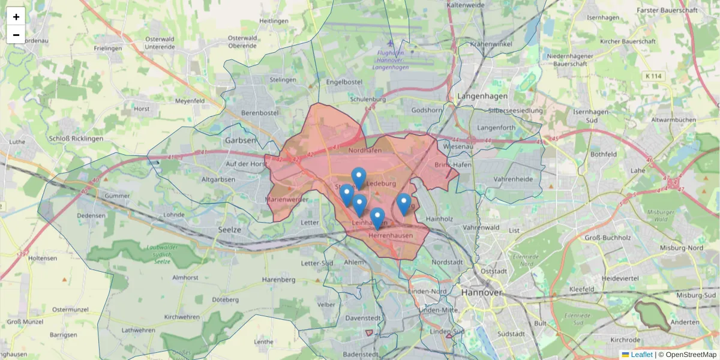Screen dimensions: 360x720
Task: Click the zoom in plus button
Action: pyautogui.click(x=16, y=17)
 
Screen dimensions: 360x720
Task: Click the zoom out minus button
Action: pyautogui.click(x=16, y=35)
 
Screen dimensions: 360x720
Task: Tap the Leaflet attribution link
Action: pyautogui.click(x=641, y=355)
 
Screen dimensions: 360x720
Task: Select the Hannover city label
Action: pyautogui.click(x=481, y=292)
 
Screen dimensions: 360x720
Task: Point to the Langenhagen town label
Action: pyautogui.click(x=482, y=96)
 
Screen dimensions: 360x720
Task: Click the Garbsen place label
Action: pyautogui.click(x=240, y=140)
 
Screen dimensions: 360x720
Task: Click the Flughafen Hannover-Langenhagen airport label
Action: pyautogui.click(x=390, y=60)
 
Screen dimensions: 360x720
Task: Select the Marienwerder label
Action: pyautogui.click(x=287, y=199)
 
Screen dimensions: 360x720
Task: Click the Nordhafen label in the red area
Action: pyautogui.click(x=365, y=150)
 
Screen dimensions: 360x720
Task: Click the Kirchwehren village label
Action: pyautogui.click(x=182, y=316)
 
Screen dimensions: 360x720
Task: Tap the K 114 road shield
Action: pyautogui.click(x=654, y=76)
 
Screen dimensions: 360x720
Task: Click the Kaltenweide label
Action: pyautogui.click(x=465, y=5)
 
